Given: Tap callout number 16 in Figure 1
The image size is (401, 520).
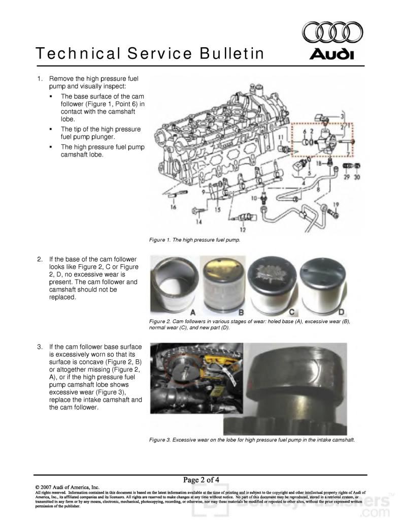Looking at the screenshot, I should [174, 207].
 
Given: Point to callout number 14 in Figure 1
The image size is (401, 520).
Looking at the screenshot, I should [199, 222].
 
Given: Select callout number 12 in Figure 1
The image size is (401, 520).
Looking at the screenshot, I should [249, 230].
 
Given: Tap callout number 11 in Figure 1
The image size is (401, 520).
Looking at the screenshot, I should [280, 137].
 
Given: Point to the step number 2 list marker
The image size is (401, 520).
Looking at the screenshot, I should [40, 259].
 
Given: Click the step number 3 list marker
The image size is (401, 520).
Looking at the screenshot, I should [40, 347].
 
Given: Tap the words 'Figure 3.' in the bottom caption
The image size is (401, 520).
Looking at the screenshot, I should [159, 440].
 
